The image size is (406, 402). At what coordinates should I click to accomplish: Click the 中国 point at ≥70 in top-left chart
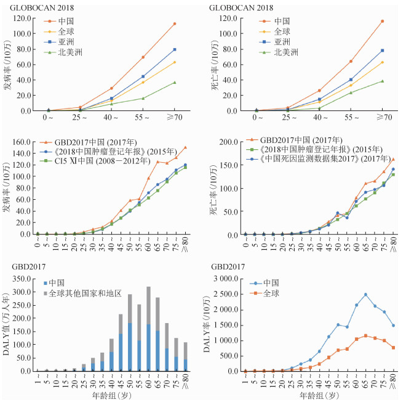(174, 23)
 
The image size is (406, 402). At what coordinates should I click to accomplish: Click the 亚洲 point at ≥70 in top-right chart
(381, 51)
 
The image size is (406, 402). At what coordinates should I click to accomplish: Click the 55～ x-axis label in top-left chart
(143, 117)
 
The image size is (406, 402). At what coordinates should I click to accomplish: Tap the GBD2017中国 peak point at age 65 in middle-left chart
(157, 162)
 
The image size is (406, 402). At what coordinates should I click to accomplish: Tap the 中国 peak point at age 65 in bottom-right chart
(365, 295)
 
